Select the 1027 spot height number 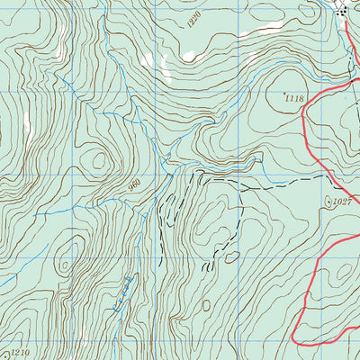(x=341, y=202)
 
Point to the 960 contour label (x=136, y=187)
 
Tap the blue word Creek (x=123, y=293)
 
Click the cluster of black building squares (x=343, y=10)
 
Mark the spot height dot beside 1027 (x=329, y=200)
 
